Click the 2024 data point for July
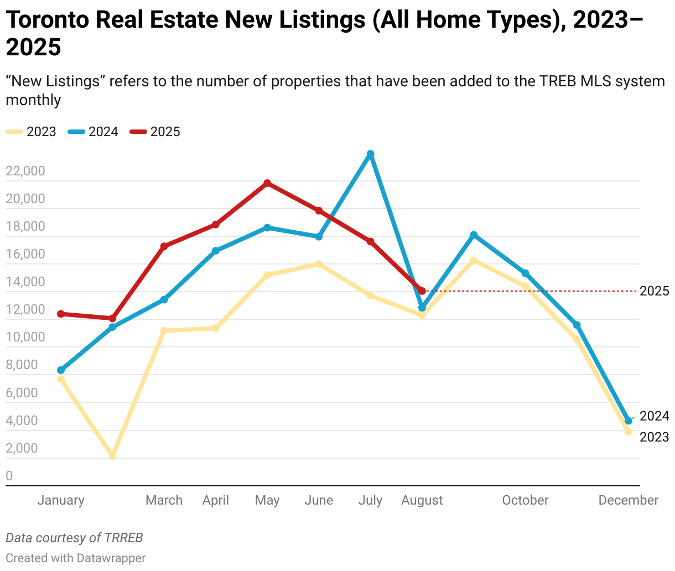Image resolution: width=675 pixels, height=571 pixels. coord(371,154)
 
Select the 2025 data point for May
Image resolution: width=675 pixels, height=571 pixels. coord(267,183)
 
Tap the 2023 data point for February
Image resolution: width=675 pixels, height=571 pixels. coord(112,456)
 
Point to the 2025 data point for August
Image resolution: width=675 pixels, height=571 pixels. coord(422,291)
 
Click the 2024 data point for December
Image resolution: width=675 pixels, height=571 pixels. coord(629,421)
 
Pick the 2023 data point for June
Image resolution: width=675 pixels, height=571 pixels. coord(319,264)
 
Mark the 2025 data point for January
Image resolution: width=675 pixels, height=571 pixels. coord(61,314)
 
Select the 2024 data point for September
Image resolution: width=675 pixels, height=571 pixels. coord(474,235)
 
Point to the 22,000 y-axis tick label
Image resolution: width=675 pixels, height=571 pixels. coord(25,171)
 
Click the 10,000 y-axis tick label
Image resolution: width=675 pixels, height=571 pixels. coord(25,337)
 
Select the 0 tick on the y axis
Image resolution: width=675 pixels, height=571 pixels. coord(9,476)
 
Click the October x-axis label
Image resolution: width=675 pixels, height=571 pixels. coord(525,500)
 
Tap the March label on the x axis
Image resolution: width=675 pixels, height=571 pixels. coord(164,500)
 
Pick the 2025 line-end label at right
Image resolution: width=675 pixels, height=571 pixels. coord(654,291)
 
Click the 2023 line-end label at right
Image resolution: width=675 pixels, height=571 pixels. coord(654,437)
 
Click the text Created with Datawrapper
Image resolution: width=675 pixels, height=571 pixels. coord(76,558)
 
